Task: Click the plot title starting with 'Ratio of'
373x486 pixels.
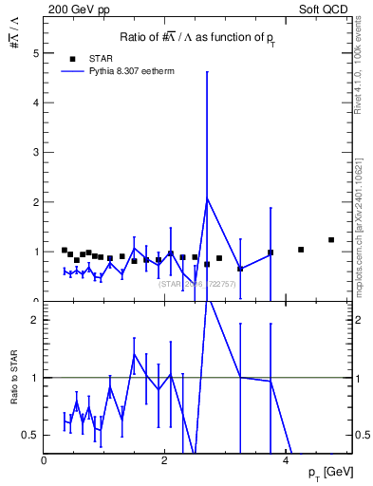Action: click(198, 36)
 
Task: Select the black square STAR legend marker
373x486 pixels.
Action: click(65, 57)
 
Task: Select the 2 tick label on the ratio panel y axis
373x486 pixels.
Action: click(35, 320)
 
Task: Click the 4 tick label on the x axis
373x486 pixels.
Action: click(287, 459)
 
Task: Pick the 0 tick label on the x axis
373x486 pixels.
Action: click(44, 459)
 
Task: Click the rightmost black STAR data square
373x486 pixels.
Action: click(331, 240)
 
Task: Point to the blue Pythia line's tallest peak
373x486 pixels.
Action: click(207, 197)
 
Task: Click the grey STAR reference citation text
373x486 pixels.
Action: click(196, 283)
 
